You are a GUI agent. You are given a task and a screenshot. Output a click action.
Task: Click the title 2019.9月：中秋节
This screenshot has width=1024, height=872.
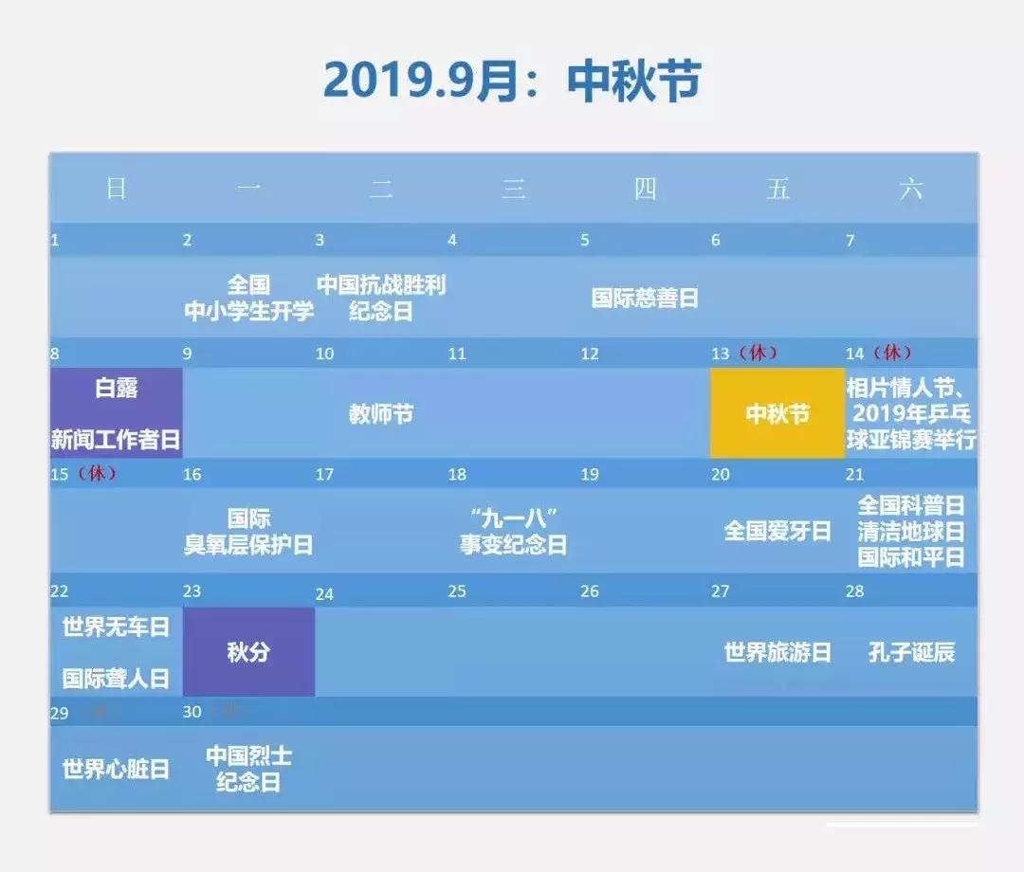(511, 81)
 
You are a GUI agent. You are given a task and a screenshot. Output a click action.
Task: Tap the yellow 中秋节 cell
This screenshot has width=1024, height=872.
(777, 414)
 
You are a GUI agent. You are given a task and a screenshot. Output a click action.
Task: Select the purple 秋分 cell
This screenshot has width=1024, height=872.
(248, 652)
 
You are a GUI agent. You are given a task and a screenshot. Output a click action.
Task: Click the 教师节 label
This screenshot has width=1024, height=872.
(381, 414)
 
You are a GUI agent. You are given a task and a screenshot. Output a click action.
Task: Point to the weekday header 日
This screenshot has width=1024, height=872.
(116, 189)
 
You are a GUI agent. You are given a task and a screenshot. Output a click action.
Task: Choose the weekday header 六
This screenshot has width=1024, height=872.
(910, 189)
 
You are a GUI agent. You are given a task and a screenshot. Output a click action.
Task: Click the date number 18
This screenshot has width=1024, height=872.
(457, 474)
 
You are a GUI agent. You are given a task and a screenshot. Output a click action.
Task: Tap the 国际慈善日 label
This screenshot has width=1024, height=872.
(645, 298)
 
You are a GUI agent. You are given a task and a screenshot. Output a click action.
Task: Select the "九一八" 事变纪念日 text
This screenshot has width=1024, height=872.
(513, 532)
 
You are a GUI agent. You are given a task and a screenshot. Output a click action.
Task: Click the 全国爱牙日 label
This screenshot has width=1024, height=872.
(777, 531)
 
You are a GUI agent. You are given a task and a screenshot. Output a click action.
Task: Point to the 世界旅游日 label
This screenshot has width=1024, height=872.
(777, 652)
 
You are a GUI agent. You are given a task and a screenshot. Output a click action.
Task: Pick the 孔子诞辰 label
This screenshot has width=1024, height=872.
(911, 652)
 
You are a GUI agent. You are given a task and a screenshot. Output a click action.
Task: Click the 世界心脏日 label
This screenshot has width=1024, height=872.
(116, 769)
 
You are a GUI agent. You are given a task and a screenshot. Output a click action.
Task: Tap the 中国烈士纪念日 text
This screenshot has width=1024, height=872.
(248, 769)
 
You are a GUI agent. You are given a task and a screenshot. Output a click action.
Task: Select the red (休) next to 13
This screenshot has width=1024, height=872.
(758, 353)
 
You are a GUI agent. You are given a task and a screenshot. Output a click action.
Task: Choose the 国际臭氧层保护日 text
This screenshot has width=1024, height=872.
(248, 532)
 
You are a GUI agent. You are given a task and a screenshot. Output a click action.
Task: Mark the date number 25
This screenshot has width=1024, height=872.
(457, 591)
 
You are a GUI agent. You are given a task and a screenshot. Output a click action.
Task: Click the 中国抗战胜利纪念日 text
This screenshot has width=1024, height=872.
(381, 298)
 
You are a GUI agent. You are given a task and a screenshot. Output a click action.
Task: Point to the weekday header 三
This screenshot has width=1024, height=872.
(513, 189)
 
